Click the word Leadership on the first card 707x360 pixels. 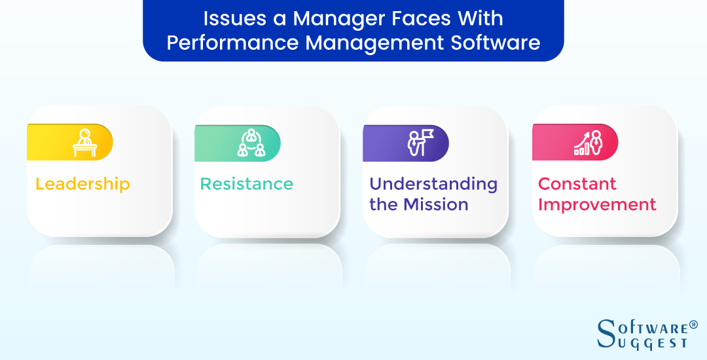click(82, 184)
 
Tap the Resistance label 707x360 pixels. click(246, 184)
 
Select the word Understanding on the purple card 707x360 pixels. click(433, 184)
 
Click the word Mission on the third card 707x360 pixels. click(437, 204)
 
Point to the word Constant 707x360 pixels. click(577, 184)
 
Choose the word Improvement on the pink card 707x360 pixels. click(597, 204)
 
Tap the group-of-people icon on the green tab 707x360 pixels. click(251, 143)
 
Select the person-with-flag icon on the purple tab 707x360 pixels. click(419, 143)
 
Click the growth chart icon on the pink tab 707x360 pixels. click(588, 143)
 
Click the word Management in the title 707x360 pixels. click(365, 43)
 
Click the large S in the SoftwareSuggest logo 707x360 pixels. click(607, 333)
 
